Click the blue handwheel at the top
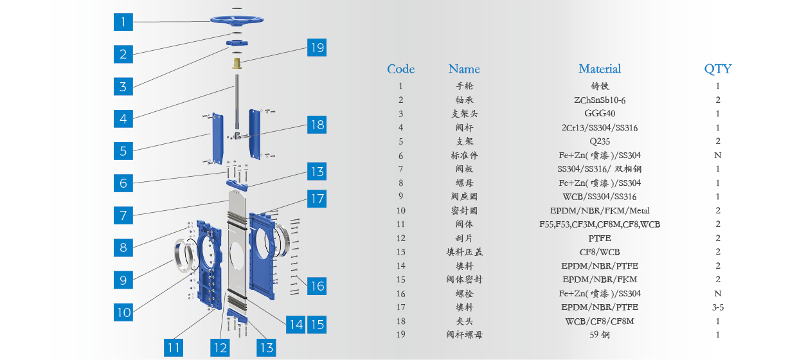pyautogui.click(x=237, y=20)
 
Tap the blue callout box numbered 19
pyautogui.click(x=317, y=48)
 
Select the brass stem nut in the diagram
pyautogui.click(x=237, y=63)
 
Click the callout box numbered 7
pyautogui.click(x=123, y=215)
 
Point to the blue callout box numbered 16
pyautogui.click(x=317, y=286)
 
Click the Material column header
pyautogui.click(x=600, y=69)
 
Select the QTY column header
pyautogui.click(x=718, y=69)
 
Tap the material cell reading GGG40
pyautogui.click(x=600, y=114)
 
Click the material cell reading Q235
pyautogui.click(x=600, y=141)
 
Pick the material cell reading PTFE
pyautogui.click(x=600, y=238)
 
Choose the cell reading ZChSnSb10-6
pyautogui.click(x=600, y=100)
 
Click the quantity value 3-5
pyautogui.click(x=718, y=307)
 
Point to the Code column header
pyautogui.click(x=400, y=69)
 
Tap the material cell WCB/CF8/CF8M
pyautogui.click(x=600, y=321)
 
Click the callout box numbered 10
pyautogui.click(x=123, y=312)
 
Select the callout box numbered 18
pyautogui.click(x=317, y=125)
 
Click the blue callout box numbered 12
pyautogui.click(x=220, y=348)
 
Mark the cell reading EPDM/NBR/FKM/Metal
pyautogui.click(x=600, y=211)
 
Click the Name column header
pyautogui.click(x=464, y=69)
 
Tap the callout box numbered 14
pyautogui.click(x=296, y=325)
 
